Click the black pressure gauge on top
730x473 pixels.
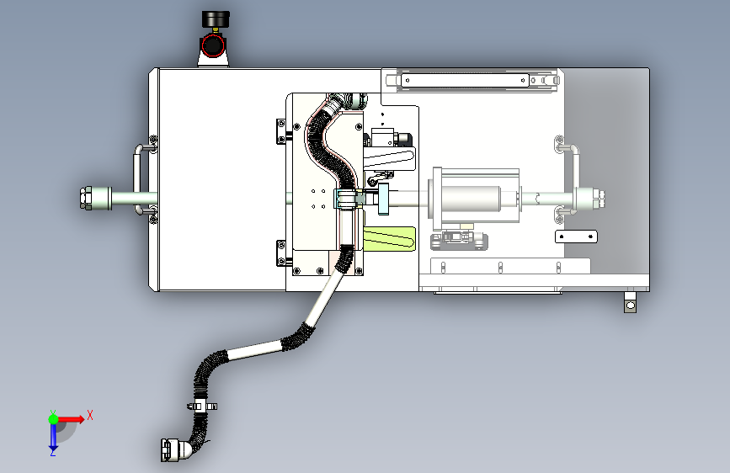coord(214,19)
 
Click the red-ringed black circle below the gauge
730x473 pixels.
coord(214,44)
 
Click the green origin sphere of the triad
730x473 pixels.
coord(53,417)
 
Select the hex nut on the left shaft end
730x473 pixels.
coord(86,199)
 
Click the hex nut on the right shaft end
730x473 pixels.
coord(599,199)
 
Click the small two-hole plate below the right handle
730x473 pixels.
coord(576,236)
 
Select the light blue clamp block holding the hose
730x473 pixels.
coord(345,199)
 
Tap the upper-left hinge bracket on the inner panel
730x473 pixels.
coord(281,131)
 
